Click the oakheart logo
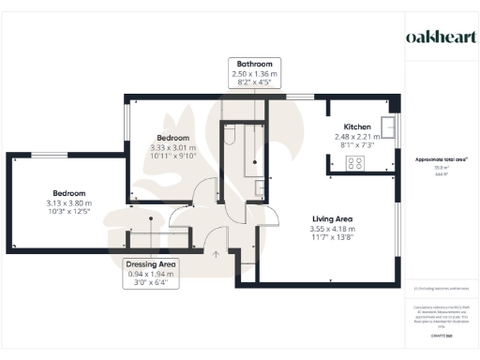(439, 37)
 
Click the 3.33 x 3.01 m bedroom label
(172, 147)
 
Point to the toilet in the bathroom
(229, 140)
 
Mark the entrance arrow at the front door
(217, 253)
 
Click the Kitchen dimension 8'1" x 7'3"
(357, 145)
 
